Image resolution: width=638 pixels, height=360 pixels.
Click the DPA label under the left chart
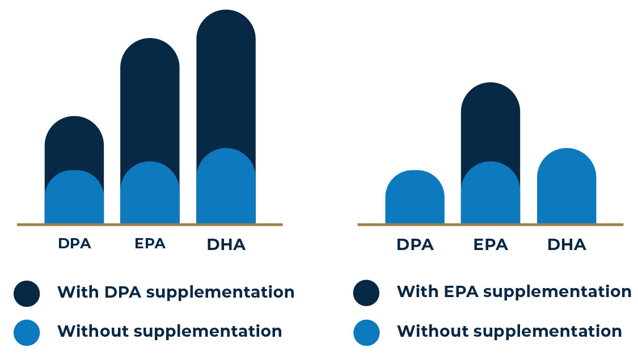tap(74, 243)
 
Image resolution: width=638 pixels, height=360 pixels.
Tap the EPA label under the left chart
tap(150, 243)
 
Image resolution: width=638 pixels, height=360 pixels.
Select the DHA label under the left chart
tap(226, 244)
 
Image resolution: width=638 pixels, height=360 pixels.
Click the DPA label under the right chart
tap(415, 244)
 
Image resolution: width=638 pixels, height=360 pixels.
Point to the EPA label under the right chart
tap(491, 244)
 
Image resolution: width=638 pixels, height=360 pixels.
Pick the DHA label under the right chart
tap(567, 244)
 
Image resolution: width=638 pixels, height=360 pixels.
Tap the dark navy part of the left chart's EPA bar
tap(150, 101)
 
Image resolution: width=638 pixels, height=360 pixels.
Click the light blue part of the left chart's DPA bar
tap(74, 197)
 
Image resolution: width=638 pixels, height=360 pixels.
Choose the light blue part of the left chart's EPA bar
tap(150, 193)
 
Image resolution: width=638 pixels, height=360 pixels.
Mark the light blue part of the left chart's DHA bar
tap(226, 187)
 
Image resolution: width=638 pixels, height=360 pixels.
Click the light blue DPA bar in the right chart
tap(415, 197)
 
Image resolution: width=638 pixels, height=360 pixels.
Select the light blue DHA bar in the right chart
tap(567, 187)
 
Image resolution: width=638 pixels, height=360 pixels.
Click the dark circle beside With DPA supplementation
tap(27, 293)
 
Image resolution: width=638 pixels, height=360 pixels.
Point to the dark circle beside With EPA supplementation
tap(366, 293)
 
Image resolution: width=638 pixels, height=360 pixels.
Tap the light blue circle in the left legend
tap(27, 333)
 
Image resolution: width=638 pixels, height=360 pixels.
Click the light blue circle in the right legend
tap(366, 333)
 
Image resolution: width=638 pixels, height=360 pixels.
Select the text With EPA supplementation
tap(514, 291)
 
